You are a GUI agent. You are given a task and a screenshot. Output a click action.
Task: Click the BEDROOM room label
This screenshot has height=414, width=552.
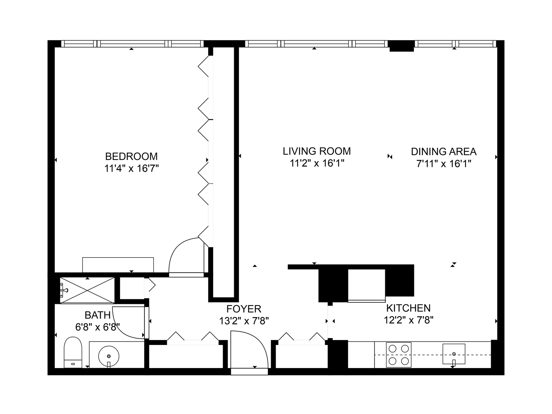point(131,156)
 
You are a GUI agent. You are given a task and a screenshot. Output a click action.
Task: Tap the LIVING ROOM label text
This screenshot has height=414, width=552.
point(317,151)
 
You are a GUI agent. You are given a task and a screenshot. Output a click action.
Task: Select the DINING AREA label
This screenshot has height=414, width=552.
point(444,151)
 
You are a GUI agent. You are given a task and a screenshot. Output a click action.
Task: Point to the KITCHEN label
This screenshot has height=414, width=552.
point(408,308)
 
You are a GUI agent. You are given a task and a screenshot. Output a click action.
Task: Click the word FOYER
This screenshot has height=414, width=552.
point(243,309)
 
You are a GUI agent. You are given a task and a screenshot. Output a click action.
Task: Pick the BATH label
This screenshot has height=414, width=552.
point(97,315)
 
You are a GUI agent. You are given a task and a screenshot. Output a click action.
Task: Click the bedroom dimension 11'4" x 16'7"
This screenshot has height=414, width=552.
point(131,168)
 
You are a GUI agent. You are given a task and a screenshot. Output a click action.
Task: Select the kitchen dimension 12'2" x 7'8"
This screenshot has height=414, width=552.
point(408,320)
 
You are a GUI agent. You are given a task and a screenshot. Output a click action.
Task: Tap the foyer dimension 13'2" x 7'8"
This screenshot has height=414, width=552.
point(243,321)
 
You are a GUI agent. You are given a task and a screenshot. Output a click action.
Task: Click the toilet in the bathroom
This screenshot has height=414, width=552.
point(73,353)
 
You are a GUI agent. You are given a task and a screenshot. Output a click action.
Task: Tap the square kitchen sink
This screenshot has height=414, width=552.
point(454,354)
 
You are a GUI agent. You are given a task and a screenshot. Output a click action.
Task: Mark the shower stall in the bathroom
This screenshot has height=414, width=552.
point(87,290)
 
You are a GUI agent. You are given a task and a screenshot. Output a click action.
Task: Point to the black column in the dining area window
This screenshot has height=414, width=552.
point(402,46)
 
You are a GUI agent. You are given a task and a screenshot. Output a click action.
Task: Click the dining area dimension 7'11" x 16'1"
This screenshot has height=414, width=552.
point(444,164)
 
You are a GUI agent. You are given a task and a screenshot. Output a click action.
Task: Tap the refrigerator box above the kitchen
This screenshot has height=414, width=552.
point(366,285)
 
